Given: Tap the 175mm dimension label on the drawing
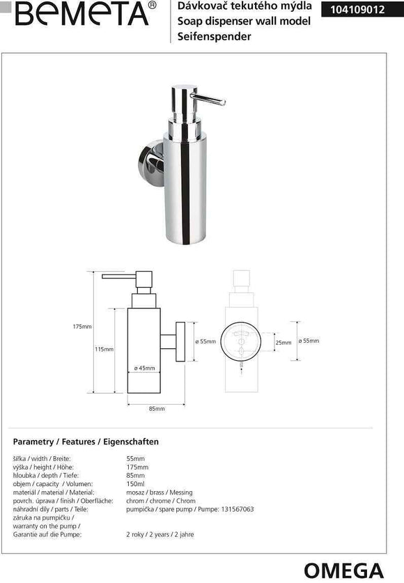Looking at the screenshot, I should (82, 327).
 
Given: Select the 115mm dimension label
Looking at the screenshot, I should (104, 350).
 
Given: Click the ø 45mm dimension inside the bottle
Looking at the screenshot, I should (144, 368).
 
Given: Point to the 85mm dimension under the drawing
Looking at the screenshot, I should (157, 408).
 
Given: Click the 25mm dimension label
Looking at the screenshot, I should (283, 343).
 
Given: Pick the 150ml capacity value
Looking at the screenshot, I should (137, 483).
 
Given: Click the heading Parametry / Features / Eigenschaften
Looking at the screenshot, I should (86, 442).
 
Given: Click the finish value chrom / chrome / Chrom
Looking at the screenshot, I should (161, 501).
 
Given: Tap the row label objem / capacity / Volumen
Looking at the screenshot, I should (53, 483).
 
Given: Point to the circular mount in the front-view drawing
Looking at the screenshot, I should (243, 341).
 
